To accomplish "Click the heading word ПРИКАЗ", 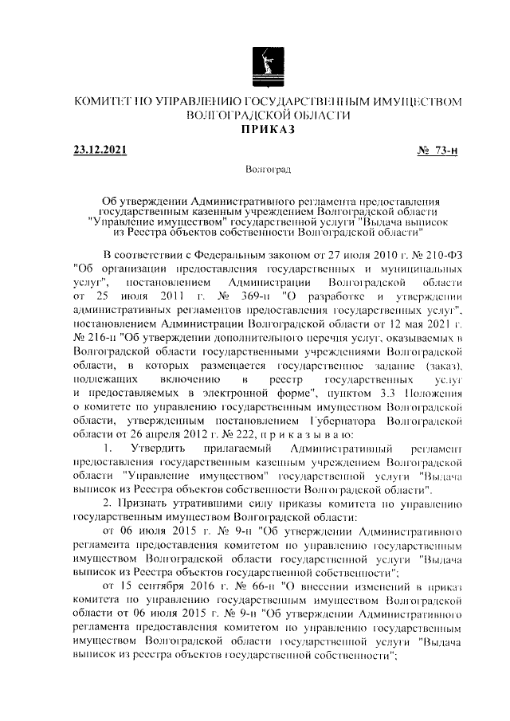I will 267,129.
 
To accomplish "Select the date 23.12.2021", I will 99,149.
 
